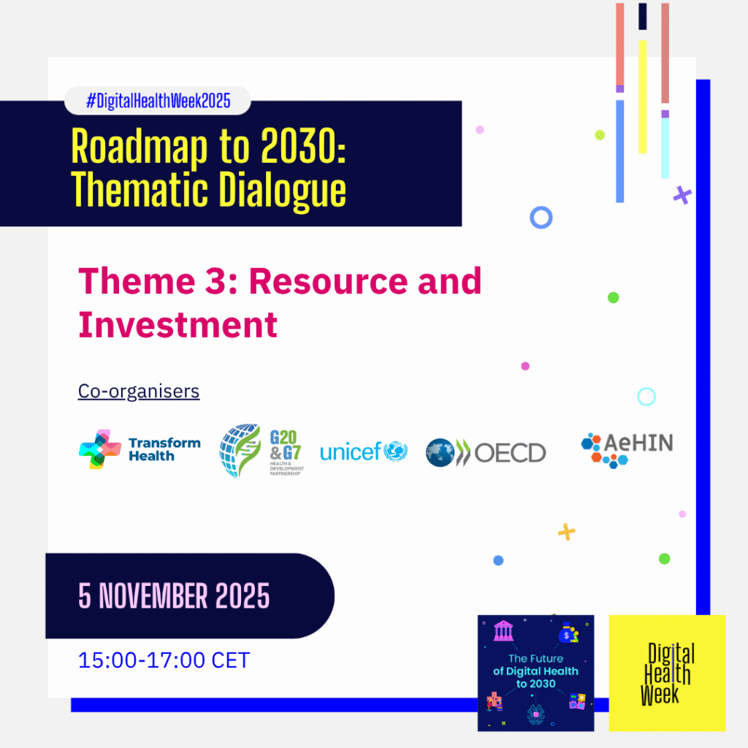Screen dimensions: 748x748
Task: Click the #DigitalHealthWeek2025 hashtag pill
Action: click(158, 101)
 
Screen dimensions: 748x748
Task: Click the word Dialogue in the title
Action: click(282, 191)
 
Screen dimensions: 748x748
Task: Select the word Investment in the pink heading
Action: click(178, 325)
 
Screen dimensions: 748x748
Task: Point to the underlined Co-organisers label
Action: click(139, 392)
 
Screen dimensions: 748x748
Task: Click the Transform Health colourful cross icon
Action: click(99, 449)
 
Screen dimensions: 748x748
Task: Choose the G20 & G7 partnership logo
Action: click(262, 451)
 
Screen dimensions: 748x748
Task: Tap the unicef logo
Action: click(364, 451)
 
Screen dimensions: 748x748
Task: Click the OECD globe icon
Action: click(440, 452)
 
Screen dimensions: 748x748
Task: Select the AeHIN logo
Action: click(627, 450)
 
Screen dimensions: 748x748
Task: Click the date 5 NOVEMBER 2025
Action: click(174, 596)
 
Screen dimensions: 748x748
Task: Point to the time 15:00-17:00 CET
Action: click(164, 660)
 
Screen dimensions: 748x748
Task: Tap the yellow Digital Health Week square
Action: click(667, 673)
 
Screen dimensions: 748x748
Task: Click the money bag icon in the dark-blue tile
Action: click(568, 633)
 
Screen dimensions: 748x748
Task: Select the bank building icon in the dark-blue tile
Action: click(504, 630)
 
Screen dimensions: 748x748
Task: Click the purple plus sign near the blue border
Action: click(682, 194)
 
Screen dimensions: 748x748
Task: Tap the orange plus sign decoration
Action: click(566, 532)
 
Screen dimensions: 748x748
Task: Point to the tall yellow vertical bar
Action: click(643, 97)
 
